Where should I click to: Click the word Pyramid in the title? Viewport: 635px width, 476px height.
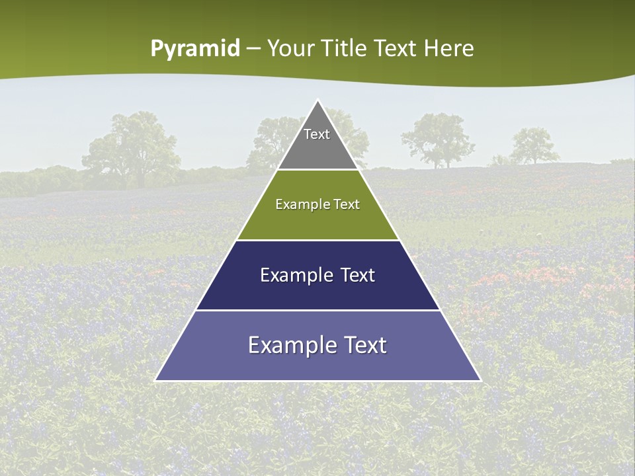195,49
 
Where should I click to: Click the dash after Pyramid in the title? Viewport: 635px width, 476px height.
253,49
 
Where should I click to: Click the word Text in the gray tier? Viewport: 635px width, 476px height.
317,134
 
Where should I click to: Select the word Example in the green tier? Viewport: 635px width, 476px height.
300,204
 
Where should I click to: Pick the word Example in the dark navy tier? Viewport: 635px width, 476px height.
290,275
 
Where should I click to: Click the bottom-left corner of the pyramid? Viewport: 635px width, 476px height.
156,380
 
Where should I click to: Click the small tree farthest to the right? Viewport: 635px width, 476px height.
534,146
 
